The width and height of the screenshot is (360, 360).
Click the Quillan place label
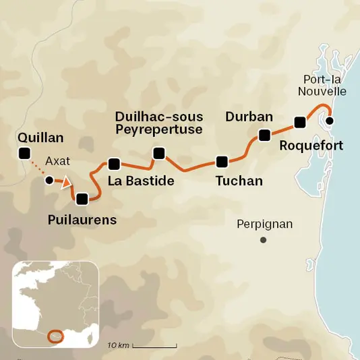click(42, 138)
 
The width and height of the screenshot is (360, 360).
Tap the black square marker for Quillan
click(26, 154)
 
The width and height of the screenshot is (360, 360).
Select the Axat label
click(57, 162)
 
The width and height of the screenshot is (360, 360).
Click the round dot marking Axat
click(49, 181)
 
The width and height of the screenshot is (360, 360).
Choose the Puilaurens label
click(82, 220)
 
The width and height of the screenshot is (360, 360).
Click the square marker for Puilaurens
click(82, 199)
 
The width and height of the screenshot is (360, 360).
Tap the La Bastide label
click(142, 181)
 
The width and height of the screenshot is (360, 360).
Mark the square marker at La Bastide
click(114, 164)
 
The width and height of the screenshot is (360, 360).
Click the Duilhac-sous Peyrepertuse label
click(158, 123)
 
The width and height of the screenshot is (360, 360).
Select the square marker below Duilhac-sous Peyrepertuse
click(159, 154)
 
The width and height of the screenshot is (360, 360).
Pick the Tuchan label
click(239, 181)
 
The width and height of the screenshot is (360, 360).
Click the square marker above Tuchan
click(221, 161)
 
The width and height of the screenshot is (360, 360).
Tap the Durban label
click(249, 117)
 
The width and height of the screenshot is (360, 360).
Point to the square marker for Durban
click(264, 136)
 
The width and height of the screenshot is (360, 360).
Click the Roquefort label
click(311, 145)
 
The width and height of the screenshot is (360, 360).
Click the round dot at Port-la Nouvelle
click(330, 121)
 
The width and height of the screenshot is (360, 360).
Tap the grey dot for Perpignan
click(264, 240)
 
